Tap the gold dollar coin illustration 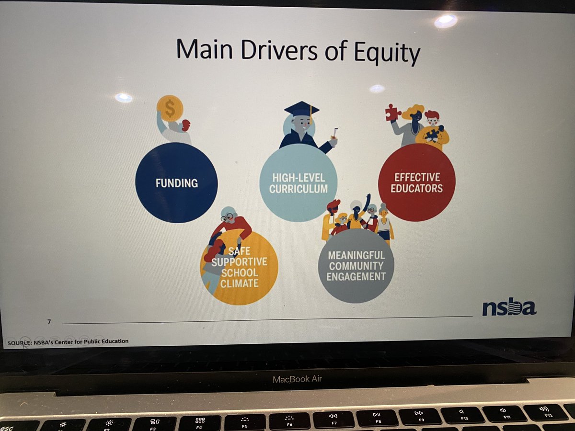point(170,108)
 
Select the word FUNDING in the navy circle point(176,182)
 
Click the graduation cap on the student point(301,108)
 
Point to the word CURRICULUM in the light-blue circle point(298,189)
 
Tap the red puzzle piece point(392,112)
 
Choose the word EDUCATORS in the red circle point(416,188)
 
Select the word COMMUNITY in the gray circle point(356,265)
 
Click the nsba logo point(508,308)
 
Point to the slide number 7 point(49,322)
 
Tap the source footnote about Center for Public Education point(68,341)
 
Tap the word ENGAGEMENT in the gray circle point(356,276)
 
